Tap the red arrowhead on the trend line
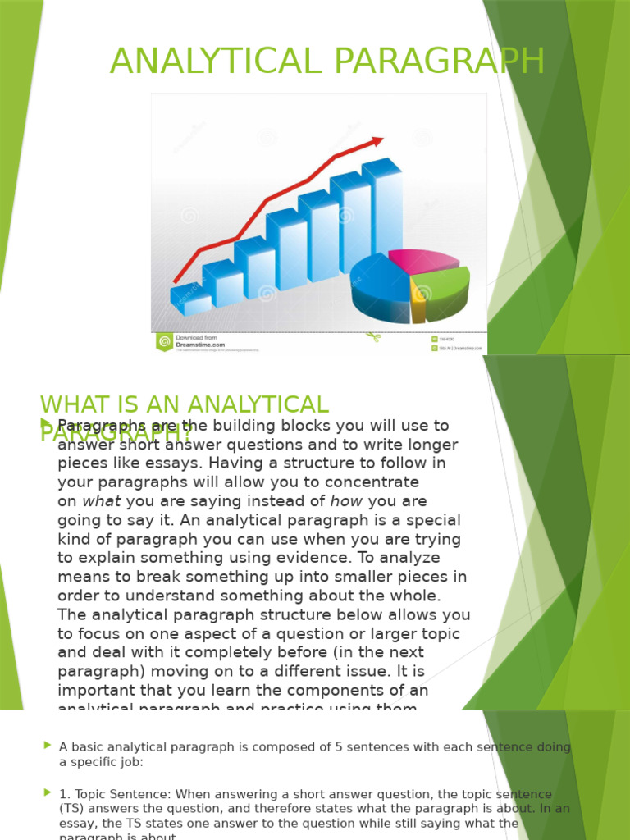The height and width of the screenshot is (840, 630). (x=377, y=142)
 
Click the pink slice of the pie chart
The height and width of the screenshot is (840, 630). (x=424, y=260)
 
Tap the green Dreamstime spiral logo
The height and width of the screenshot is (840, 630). (x=164, y=341)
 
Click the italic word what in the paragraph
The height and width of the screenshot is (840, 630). (x=102, y=501)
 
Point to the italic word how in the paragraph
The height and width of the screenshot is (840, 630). (x=345, y=501)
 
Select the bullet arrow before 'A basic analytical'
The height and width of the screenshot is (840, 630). (x=47, y=745)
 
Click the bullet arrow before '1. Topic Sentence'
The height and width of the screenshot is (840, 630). (x=47, y=792)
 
